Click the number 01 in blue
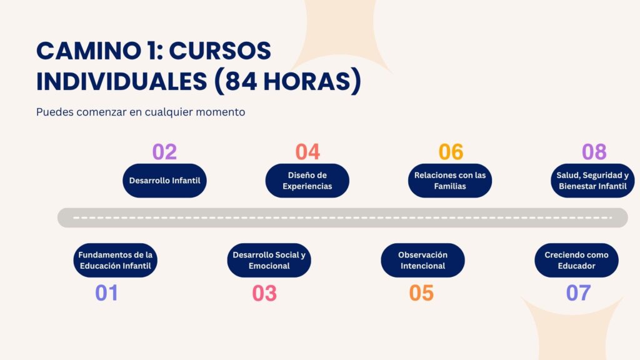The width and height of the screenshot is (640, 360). coord(106,292)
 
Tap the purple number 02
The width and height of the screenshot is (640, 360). coord(164,152)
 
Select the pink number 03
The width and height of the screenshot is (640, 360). coord(264,293)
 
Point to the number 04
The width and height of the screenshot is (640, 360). coord(307,152)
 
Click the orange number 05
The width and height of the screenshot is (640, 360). coord(421,293)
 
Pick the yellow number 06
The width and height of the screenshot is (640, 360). coord(451,152)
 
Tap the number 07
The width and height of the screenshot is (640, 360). coord(578,292)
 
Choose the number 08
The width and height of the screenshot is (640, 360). coord(594,152)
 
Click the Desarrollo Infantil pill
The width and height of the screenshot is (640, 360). coord(164,181)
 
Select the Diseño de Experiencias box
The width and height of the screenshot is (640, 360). coord(307,181)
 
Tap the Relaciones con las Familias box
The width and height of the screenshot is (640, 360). coord(450,181)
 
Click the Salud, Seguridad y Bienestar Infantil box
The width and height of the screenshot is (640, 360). coord(592,181)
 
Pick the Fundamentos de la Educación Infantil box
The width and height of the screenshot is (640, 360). coord(116,261)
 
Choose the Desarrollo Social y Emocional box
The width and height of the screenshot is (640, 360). coord(269,261)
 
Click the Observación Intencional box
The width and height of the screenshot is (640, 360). coord(423,261)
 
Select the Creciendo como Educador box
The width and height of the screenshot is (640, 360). coord(576,261)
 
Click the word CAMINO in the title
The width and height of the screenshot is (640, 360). coord(89,51)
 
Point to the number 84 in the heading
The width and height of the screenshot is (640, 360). coord(241,81)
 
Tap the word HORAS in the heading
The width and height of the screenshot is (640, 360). coord(307,81)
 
